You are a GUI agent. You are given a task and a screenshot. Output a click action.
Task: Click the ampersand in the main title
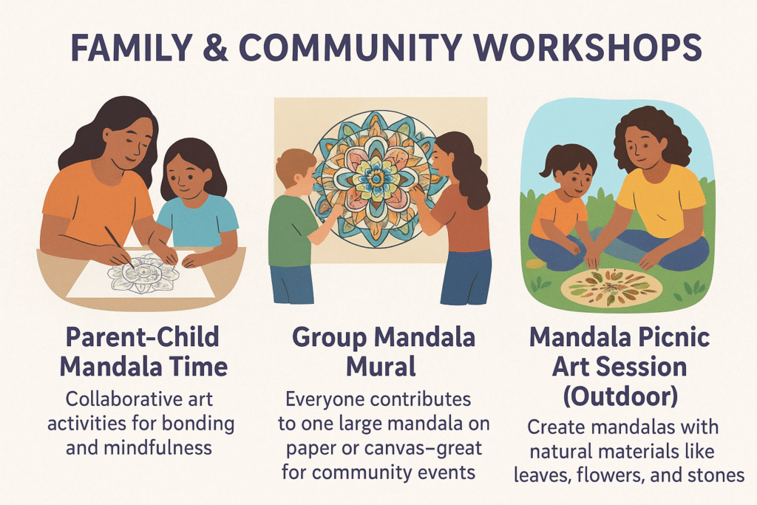pos(215,47)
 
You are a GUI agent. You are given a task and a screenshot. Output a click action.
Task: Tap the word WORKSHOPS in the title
pos(587,47)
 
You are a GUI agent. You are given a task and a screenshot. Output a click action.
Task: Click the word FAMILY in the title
pos(132,47)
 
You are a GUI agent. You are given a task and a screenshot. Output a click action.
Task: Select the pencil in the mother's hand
pos(119,247)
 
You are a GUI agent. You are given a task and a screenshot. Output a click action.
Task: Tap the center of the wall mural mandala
pos(376,178)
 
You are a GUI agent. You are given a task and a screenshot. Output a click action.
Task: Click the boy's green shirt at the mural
pos(290,231)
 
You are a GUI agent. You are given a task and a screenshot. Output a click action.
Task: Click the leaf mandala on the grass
pos(611,288)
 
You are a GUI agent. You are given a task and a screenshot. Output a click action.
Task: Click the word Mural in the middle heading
pos(381,367)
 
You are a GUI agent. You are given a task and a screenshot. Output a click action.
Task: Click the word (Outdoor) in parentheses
pos(620,396)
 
